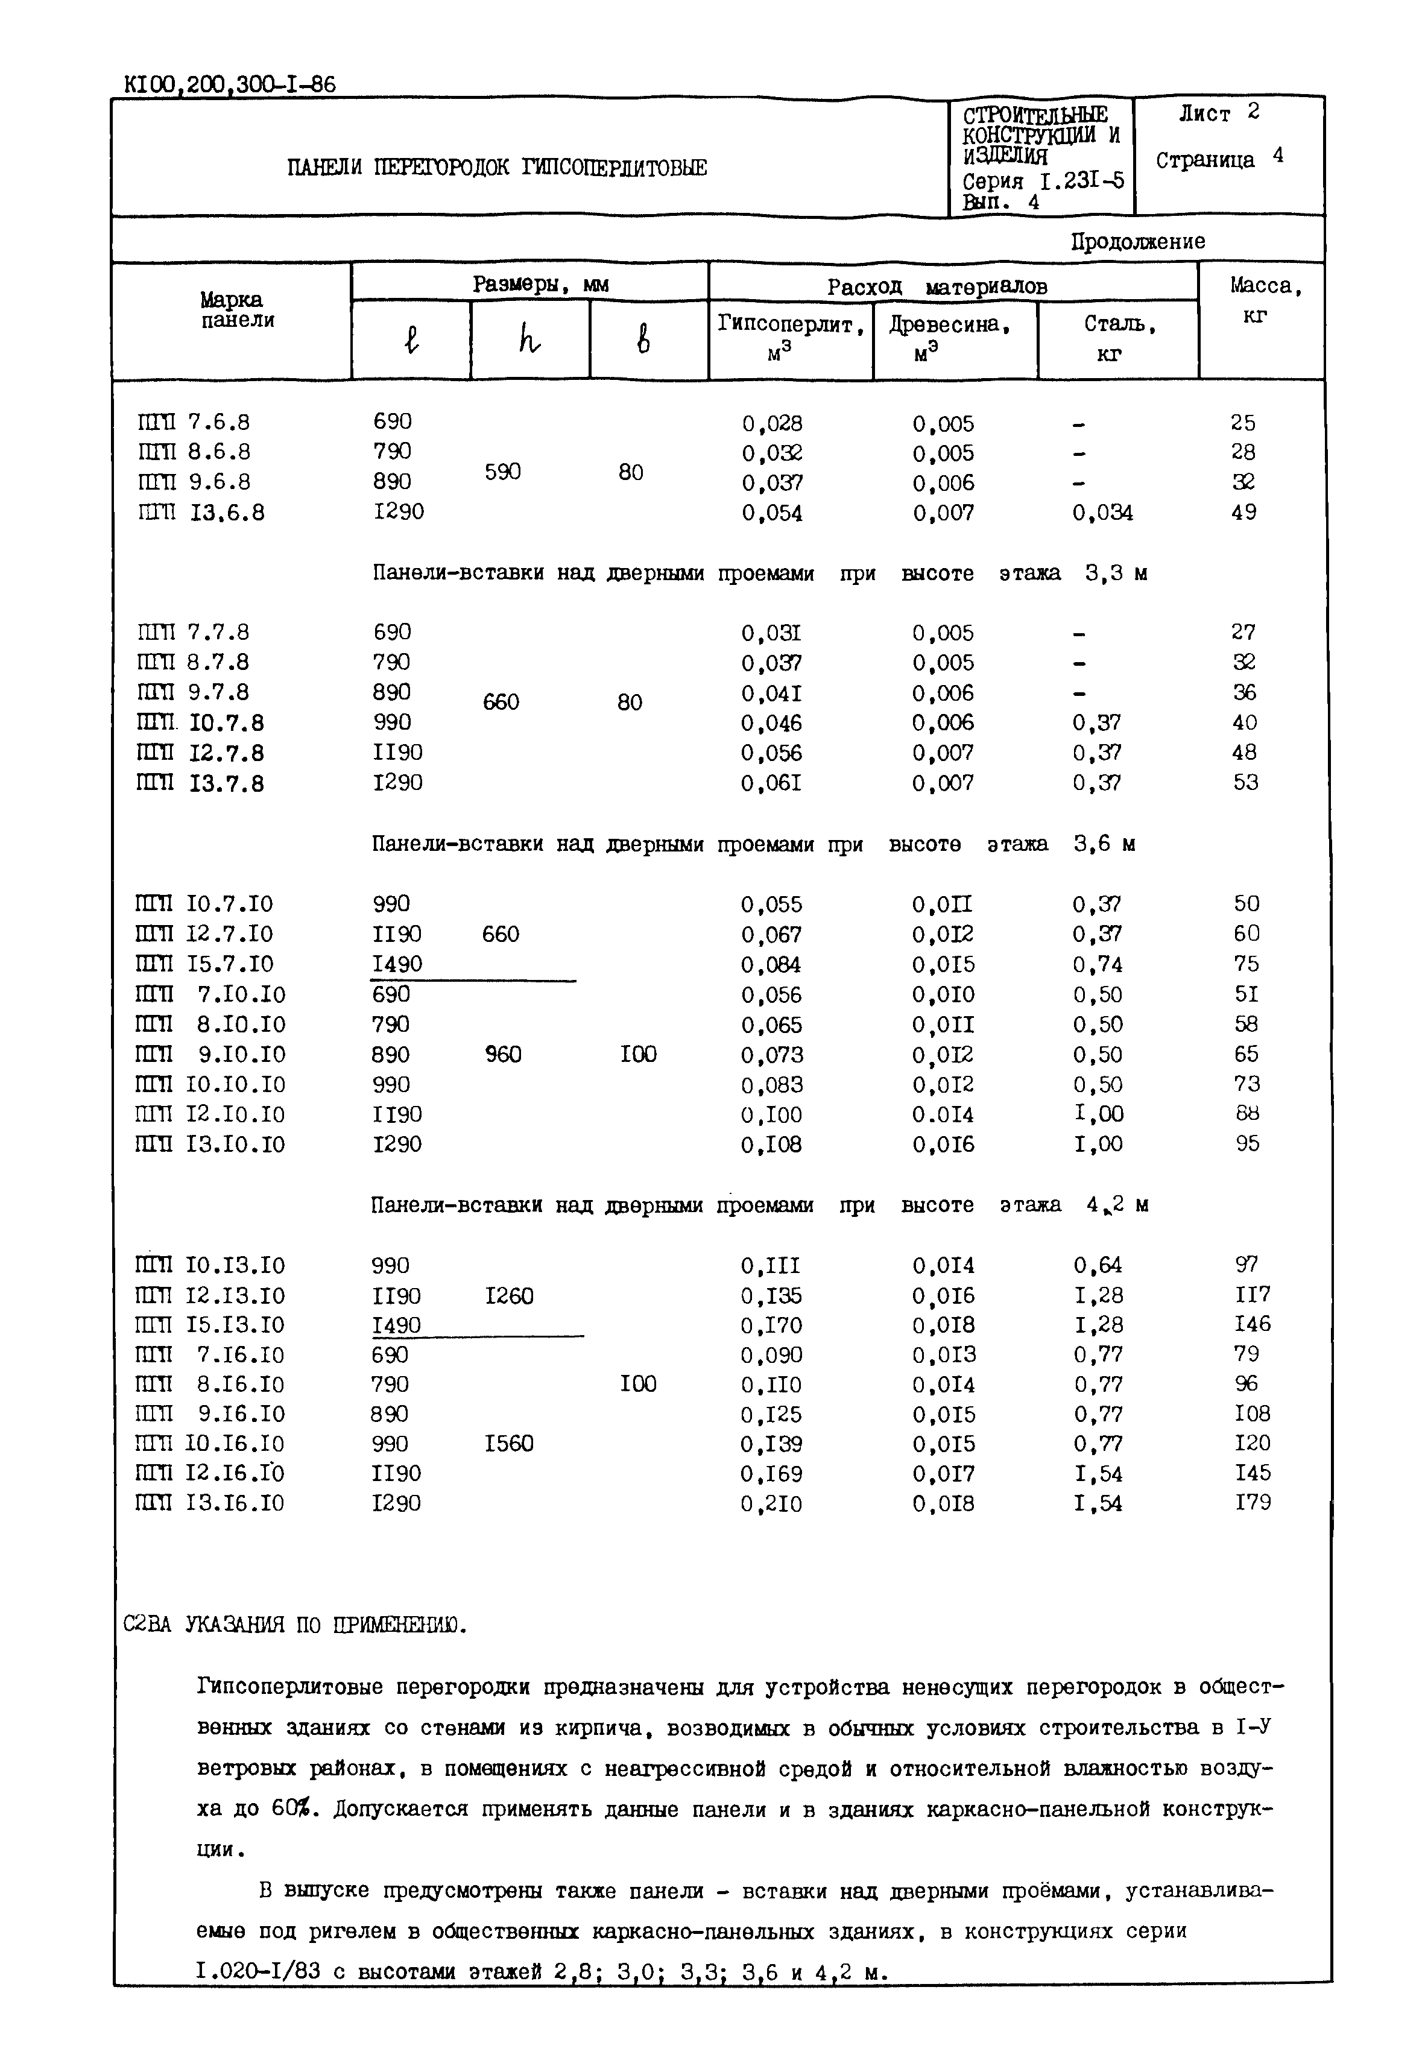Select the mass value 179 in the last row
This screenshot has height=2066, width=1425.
pyautogui.click(x=1253, y=1503)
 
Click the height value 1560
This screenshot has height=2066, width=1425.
pyautogui.click(x=509, y=1444)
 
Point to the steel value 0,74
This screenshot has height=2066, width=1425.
pyautogui.click(x=1098, y=964)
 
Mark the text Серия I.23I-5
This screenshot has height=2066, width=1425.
pyautogui.click(x=1043, y=182)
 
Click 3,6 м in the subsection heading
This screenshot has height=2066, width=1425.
pyautogui.click(x=1104, y=844)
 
